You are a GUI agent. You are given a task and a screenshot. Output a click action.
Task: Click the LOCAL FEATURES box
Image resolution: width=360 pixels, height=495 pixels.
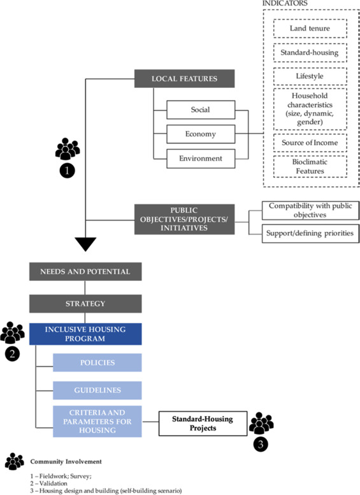pyautogui.click(x=184, y=78)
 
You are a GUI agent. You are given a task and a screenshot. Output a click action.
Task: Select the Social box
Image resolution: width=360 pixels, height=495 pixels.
pyautogui.click(x=201, y=110)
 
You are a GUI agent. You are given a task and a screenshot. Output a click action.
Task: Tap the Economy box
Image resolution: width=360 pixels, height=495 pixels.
pyautogui.click(x=201, y=134)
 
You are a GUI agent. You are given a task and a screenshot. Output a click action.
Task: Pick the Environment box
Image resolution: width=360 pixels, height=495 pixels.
pyautogui.click(x=201, y=159)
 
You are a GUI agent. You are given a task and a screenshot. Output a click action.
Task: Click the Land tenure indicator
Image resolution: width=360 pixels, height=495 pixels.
pyautogui.click(x=310, y=29)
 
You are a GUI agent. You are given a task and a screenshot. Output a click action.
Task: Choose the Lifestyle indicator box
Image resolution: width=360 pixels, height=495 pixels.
pyautogui.click(x=310, y=76)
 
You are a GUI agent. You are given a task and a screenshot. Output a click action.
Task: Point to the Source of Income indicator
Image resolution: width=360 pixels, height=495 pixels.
pyautogui.click(x=310, y=143)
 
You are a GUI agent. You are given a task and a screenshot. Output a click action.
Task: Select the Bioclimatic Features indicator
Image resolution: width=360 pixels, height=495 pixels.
pyautogui.click(x=310, y=166)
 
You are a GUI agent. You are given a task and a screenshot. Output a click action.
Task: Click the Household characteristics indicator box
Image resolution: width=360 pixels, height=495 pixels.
pyautogui.click(x=310, y=109)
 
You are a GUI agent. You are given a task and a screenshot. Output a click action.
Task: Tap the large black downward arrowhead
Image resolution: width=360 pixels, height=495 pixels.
pyautogui.click(x=85, y=244)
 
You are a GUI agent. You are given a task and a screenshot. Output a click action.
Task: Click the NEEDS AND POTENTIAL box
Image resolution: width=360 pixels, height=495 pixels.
pyautogui.click(x=85, y=271)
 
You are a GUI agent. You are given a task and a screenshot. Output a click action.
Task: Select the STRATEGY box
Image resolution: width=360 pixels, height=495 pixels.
pyautogui.click(x=85, y=304)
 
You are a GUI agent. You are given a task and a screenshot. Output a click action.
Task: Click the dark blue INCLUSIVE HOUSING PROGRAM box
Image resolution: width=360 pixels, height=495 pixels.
pyautogui.click(x=85, y=334)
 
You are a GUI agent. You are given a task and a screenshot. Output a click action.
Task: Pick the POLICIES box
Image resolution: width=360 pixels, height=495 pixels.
pyautogui.click(x=97, y=362)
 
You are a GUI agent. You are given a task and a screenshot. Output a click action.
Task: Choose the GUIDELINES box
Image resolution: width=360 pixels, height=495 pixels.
pyautogui.click(x=97, y=390)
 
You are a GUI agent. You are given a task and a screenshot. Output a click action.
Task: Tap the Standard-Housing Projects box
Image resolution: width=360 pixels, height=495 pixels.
pyautogui.click(x=203, y=424)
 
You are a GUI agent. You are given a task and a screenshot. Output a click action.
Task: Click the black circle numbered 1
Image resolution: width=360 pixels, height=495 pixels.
pyautogui.click(x=68, y=171)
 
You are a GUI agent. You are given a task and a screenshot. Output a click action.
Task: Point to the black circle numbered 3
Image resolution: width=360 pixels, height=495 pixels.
pyautogui.click(x=261, y=444)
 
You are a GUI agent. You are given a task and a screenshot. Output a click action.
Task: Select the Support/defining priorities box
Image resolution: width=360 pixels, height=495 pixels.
pyautogui.click(x=310, y=233)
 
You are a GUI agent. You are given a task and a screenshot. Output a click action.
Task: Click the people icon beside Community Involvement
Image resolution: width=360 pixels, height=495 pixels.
pyautogui.click(x=15, y=461)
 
